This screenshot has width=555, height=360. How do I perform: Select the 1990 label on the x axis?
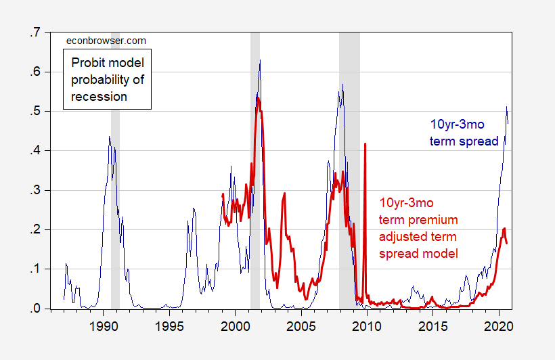point(104,324)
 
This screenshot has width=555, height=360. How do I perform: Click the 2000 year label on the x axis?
point(236,324)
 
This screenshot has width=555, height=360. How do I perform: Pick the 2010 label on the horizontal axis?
point(368,324)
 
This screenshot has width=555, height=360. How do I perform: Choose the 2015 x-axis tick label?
point(433,324)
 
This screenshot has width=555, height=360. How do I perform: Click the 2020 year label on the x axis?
point(500,324)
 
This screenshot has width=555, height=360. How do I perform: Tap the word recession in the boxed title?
point(99,96)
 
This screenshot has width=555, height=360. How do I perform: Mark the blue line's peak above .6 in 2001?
point(260,61)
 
